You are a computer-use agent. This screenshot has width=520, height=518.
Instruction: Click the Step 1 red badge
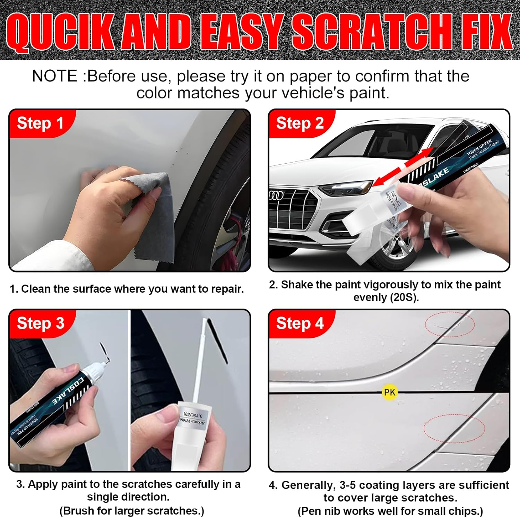40,123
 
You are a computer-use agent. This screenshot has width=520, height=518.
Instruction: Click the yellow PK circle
389,392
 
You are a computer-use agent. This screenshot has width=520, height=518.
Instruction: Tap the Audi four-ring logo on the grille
276,195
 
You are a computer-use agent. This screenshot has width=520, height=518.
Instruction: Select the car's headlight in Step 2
345,189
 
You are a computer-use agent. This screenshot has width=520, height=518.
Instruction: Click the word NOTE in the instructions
54,76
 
